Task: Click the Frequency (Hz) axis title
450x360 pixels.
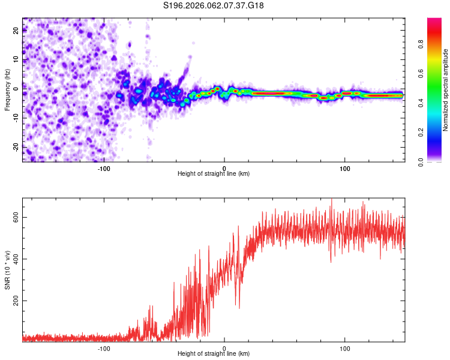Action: click(7, 90)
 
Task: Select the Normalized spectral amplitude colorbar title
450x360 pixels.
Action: click(446, 90)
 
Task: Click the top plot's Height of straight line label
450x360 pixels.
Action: click(214, 173)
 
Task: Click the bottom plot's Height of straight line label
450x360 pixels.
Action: click(214, 354)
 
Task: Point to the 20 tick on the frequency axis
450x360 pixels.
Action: click(16, 31)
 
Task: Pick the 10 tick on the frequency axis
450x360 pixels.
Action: click(16, 60)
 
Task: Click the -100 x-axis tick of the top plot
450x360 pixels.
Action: click(104, 167)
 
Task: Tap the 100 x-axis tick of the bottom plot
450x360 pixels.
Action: click(345, 348)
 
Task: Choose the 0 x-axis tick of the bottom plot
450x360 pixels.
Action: click(224, 348)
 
